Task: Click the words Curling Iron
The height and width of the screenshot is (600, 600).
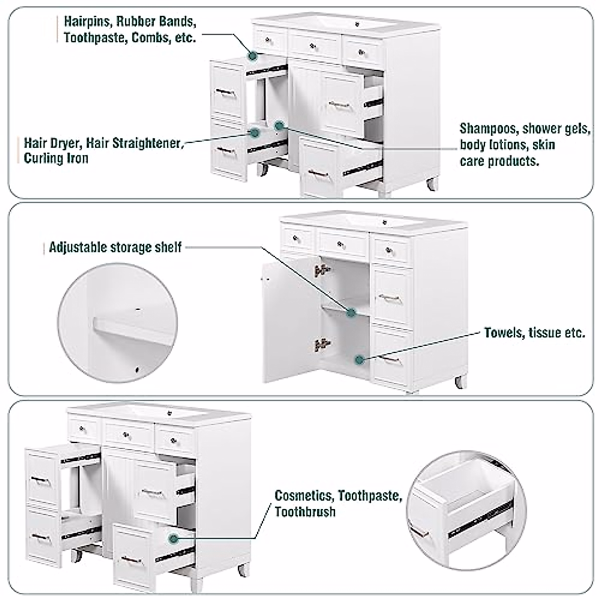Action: click(x=56, y=158)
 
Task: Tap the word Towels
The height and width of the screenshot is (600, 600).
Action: click(x=504, y=333)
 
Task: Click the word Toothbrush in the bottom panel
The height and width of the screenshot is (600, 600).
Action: click(x=305, y=512)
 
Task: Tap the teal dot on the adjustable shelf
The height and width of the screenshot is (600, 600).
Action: click(x=351, y=313)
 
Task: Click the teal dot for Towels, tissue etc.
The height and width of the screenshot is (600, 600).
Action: click(x=359, y=359)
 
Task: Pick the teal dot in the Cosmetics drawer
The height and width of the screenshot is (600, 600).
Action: click(x=173, y=538)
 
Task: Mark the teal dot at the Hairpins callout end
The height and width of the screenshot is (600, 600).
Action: click(x=253, y=56)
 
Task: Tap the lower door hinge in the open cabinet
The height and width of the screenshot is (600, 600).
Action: click(x=321, y=344)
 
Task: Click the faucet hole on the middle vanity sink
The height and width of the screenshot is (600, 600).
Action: click(x=385, y=221)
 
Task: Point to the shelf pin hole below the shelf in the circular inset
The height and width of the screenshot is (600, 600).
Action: click(x=136, y=370)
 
